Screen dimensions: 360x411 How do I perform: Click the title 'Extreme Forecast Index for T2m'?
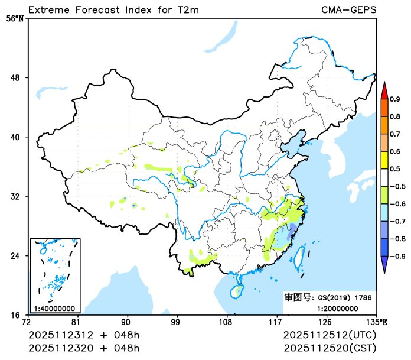[x=112, y=9]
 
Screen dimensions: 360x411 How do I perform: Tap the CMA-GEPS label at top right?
[x=349, y=9]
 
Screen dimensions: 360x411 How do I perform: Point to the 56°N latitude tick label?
[x=15, y=18]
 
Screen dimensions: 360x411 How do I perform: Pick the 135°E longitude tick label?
[x=377, y=322]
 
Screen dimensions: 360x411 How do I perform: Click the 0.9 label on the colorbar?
[x=395, y=99]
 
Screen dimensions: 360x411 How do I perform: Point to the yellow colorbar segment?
[x=384, y=160]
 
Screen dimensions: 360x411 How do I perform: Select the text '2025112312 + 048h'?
[x=84, y=336]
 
